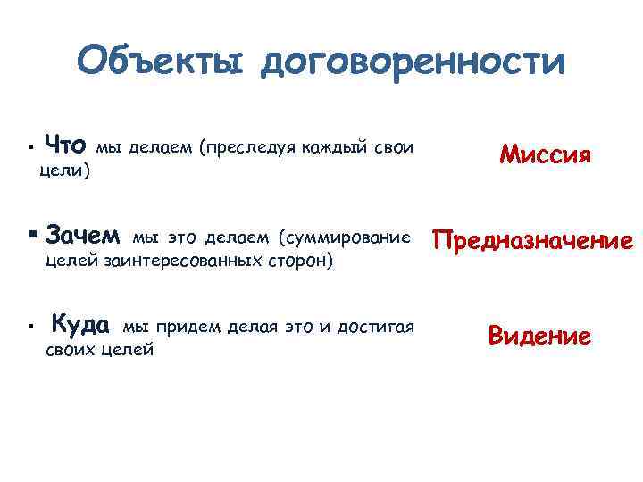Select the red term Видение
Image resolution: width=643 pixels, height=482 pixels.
click(539, 336)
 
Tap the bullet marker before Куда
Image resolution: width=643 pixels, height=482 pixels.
click(30, 327)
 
